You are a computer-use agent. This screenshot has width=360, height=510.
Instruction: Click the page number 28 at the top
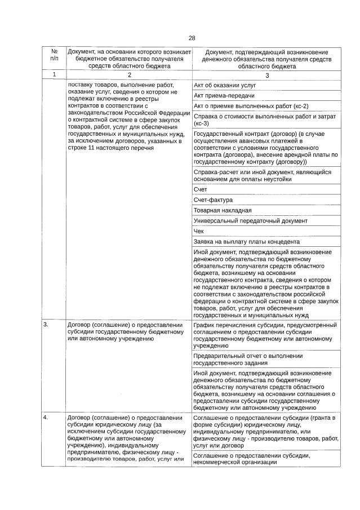tap(192, 38)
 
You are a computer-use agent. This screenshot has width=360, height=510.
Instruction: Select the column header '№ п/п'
tap(54, 55)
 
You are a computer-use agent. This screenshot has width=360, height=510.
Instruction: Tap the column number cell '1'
tap(54, 74)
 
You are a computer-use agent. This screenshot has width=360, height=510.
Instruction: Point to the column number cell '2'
tap(129, 74)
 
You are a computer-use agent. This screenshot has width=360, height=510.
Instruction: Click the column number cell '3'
tap(266, 74)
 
